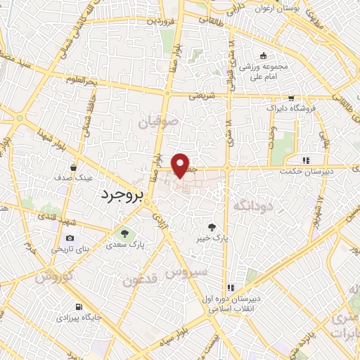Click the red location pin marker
(x=181, y=165)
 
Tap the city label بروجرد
(x=124, y=193)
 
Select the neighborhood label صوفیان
(x=165, y=122)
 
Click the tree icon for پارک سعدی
(x=124, y=234)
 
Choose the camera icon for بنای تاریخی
(x=70, y=238)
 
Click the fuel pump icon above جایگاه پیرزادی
(x=77, y=307)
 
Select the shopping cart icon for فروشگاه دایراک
(x=290, y=99)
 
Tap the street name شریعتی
(x=201, y=95)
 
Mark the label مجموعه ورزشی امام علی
(x=264, y=70)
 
